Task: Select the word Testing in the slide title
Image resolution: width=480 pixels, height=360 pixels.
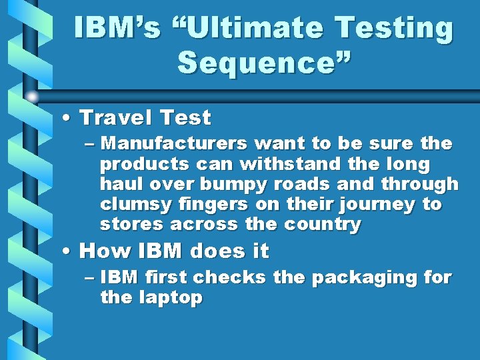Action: click(394, 29)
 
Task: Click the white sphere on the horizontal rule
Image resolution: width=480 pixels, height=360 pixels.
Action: click(32, 97)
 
